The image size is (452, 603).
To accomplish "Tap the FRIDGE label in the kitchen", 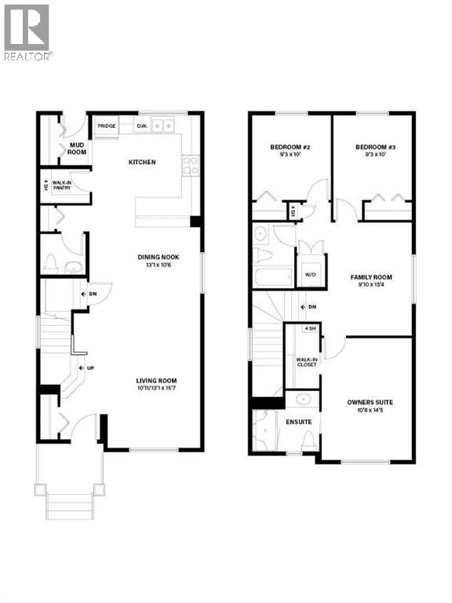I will click(106, 126).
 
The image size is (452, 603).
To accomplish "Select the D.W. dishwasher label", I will click(142, 126).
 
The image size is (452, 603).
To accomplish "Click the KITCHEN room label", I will click(142, 163).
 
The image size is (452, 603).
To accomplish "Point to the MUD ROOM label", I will click(76, 148).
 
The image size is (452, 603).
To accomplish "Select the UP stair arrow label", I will click(89, 367).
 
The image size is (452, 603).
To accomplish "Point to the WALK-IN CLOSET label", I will click(307, 362).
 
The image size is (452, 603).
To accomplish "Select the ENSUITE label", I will click(299, 422).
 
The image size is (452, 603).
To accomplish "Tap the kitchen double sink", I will click(164, 125).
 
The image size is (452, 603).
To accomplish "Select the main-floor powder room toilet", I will click(52, 262).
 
